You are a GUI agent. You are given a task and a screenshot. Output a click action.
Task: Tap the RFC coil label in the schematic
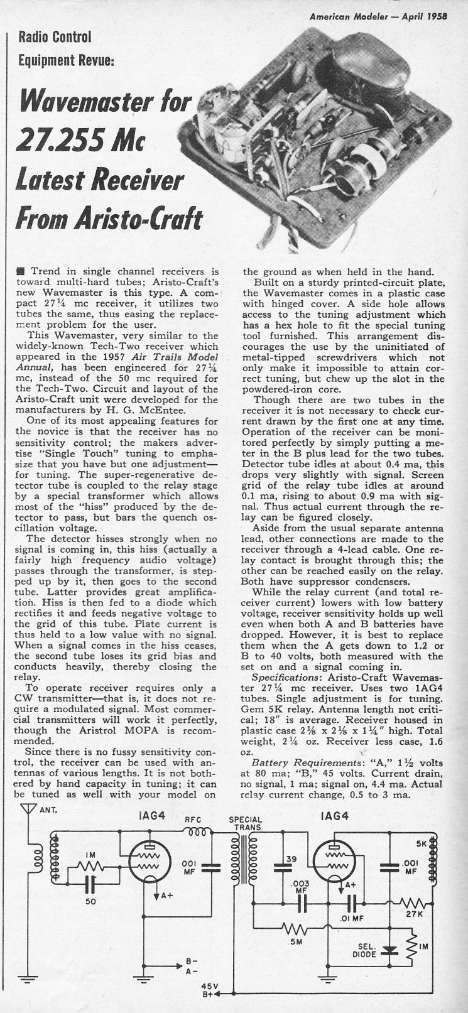click(x=192, y=818)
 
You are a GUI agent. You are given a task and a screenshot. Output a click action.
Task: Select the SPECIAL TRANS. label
click(x=246, y=823)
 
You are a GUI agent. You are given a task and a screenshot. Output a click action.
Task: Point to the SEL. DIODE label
click(x=365, y=950)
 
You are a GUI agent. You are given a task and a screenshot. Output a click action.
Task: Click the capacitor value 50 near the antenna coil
click(x=90, y=902)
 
